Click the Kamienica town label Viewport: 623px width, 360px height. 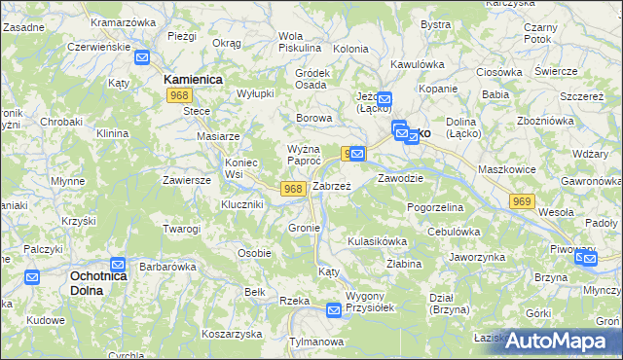[194, 79]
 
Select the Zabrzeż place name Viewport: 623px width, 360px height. [331, 185]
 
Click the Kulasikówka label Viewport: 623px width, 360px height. [376, 239]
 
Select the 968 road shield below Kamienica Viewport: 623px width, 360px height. [178, 95]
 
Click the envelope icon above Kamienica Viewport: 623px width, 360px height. [142, 57]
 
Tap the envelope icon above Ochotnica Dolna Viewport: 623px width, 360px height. [118, 264]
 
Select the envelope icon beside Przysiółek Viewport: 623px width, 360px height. [334, 310]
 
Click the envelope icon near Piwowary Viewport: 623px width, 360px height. [585, 258]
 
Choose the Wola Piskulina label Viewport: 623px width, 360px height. [299, 41]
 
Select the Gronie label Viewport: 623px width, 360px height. [305, 228]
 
